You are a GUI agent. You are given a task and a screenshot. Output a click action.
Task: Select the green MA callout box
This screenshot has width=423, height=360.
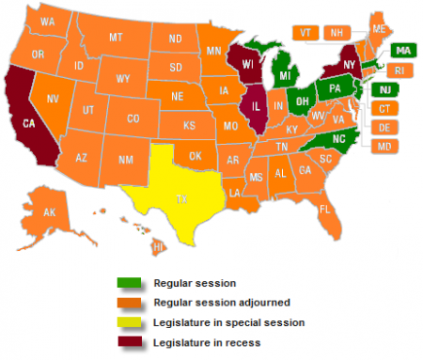[x=402, y=50]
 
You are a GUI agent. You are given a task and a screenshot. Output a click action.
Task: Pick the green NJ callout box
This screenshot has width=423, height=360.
[x=385, y=89]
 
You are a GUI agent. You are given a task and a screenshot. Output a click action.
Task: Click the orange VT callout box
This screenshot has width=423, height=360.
[x=305, y=31]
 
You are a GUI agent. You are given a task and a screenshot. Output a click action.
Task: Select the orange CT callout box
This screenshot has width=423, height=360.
[x=385, y=109]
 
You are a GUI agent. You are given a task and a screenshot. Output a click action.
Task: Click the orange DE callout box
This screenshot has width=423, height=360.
[x=385, y=128]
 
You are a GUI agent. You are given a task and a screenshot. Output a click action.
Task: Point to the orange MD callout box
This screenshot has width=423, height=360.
[x=385, y=147]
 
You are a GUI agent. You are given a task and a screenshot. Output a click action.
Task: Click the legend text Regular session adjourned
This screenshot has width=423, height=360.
[x=199, y=302]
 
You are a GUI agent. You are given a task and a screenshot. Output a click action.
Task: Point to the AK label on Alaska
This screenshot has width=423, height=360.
[x=50, y=213]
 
